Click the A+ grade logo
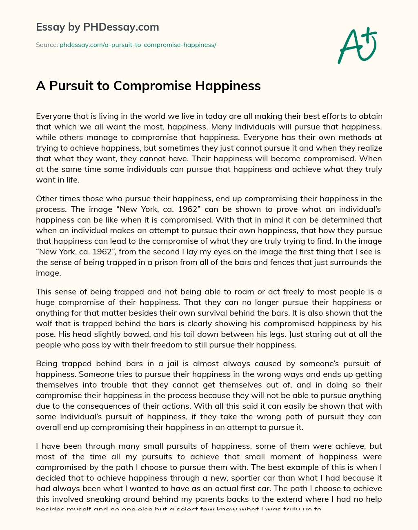point(357,46)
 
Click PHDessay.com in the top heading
point(121,27)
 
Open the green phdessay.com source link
point(138,45)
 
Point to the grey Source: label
point(47,45)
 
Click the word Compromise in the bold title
point(153,86)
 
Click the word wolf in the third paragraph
point(46,324)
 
